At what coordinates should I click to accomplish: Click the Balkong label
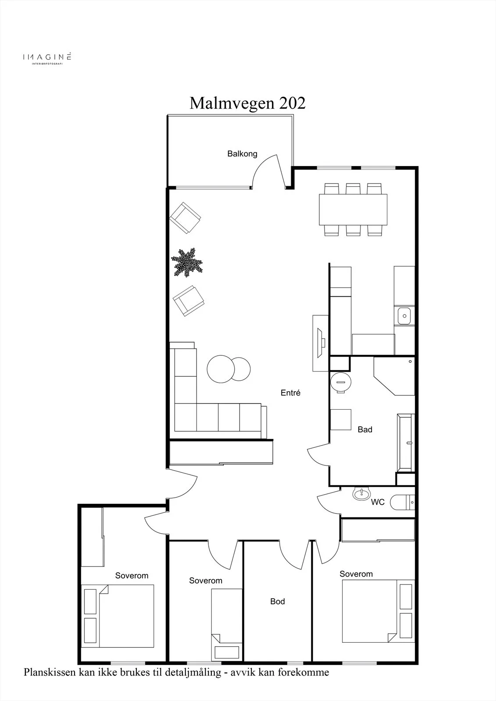point(242,154)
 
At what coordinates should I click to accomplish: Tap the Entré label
point(290,393)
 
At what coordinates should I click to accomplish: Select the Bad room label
point(365,429)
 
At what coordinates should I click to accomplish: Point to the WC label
point(378,502)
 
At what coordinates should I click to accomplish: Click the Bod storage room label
point(278,601)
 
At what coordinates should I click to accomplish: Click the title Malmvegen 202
point(247,103)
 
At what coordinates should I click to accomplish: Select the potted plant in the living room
point(187,262)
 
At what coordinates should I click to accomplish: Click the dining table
point(353,209)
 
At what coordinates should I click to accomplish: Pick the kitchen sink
point(404,316)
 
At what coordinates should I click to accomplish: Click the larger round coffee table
point(221,369)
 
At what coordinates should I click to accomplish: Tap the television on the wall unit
point(321,343)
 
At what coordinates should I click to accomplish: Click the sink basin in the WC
point(361,493)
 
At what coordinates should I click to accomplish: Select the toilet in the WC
point(402,502)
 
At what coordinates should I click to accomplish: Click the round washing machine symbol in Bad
point(341,382)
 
